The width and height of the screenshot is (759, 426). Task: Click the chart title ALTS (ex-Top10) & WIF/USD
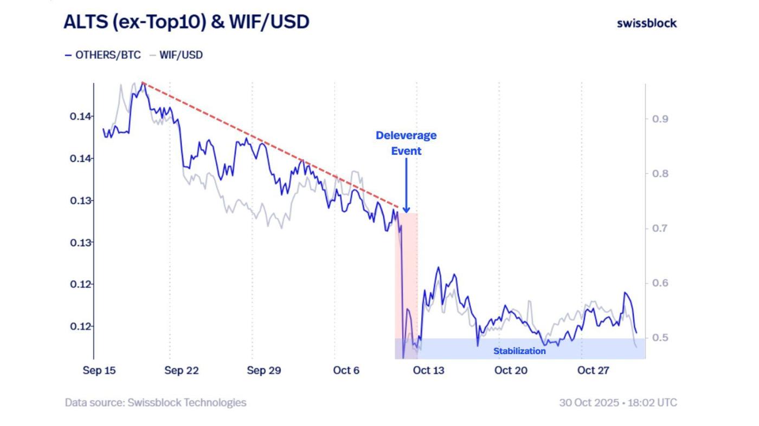[186, 22]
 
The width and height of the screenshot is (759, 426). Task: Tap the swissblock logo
[647, 23]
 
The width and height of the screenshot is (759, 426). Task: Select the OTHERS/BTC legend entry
[103, 55]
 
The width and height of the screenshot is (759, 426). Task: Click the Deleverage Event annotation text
[406, 143]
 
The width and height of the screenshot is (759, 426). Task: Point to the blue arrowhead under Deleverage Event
[406, 209]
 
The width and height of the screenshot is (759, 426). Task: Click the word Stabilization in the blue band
[519, 351]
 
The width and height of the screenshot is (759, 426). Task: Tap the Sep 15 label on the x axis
[99, 371]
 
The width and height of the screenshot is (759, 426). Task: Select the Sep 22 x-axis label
[181, 371]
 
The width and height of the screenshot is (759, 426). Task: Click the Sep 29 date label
[263, 371]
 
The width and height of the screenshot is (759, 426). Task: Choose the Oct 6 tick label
[346, 371]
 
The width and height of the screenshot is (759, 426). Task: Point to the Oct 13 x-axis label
[428, 371]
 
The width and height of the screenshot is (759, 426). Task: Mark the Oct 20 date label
[511, 371]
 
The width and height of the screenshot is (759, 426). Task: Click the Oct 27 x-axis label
[593, 371]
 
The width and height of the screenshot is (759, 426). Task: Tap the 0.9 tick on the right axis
[660, 119]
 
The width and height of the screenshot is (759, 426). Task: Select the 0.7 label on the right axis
[660, 228]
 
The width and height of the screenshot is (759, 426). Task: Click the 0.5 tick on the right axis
[660, 338]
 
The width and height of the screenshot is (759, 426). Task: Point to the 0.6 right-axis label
[660, 283]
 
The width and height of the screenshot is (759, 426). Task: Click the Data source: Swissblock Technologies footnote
[156, 403]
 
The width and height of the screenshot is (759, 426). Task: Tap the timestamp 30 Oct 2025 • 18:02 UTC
[618, 403]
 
